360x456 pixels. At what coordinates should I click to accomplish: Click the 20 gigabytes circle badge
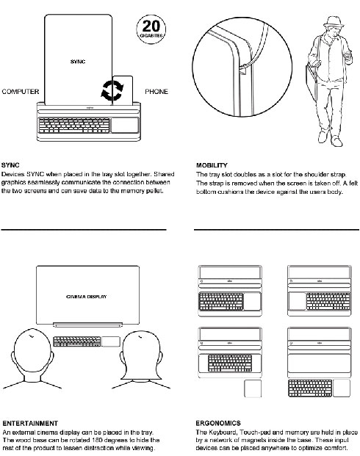(151, 29)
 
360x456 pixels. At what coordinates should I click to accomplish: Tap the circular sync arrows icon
(112, 91)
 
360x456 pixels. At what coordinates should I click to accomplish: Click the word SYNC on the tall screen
(78, 62)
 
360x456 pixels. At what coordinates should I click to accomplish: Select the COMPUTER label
(21, 92)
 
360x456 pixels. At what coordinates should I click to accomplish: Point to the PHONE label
(156, 92)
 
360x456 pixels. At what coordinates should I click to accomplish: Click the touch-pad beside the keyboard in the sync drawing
(125, 125)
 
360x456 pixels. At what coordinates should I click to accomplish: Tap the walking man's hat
(334, 22)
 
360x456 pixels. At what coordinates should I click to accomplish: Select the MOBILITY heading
(212, 165)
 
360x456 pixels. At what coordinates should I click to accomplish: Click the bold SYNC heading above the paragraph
(10, 165)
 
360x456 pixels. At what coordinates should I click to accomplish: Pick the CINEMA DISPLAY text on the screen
(87, 297)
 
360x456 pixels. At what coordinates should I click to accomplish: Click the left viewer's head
(32, 354)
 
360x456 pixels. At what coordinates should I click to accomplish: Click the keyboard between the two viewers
(77, 341)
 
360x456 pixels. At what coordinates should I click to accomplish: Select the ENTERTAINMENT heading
(30, 423)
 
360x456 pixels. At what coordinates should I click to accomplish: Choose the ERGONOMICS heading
(218, 423)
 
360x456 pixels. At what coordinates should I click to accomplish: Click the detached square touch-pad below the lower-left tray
(253, 388)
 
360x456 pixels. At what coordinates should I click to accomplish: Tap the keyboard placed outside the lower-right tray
(310, 388)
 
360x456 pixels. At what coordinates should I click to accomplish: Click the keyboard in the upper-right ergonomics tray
(328, 301)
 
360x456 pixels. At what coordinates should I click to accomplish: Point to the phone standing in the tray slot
(123, 90)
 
